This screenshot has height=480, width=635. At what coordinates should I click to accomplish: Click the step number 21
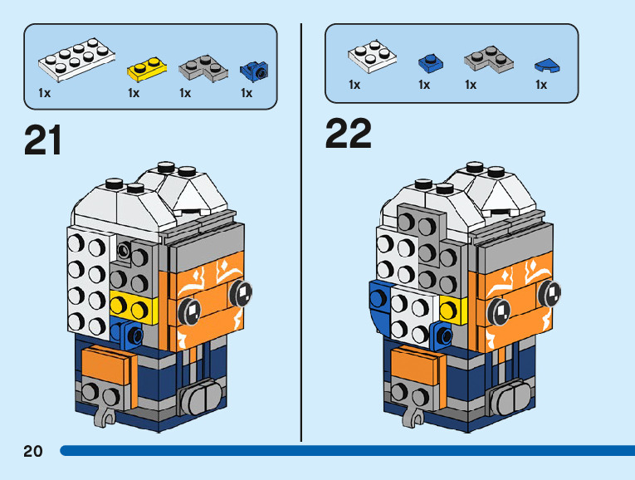(43, 140)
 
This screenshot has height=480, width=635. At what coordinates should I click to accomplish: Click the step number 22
(348, 133)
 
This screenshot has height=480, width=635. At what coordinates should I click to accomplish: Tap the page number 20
(32, 451)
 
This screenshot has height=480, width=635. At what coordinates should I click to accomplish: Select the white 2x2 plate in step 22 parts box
(371, 56)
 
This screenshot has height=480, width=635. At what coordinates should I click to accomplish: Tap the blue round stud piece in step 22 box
(429, 60)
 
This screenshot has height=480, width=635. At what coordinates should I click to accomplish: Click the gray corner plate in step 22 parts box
(486, 56)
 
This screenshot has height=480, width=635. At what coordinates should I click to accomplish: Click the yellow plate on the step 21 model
(133, 306)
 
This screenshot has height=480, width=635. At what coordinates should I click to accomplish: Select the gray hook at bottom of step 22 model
(412, 414)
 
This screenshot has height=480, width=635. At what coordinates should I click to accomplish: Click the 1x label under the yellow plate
(133, 93)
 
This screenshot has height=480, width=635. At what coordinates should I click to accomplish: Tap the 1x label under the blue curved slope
(540, 85)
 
